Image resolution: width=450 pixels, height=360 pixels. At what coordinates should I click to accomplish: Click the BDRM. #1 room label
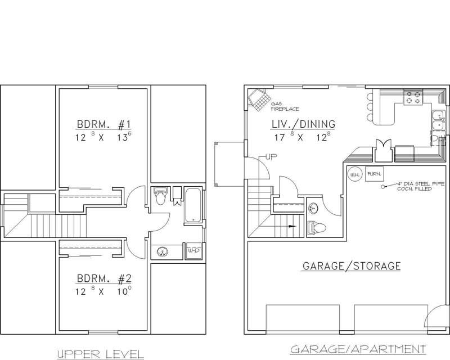pyautogui.click(x=104, y=124)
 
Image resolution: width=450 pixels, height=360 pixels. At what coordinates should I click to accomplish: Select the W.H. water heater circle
pyautogui.click(x=354, y=174)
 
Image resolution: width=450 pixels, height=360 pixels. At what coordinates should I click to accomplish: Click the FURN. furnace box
pyautogui.click(x=372, y=174)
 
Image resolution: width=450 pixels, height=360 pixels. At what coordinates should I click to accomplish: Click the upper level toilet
pyautogui.click(x=160, y=198)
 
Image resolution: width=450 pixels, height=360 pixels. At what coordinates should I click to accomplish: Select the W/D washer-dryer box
pyautogui.click(x=193, y=250)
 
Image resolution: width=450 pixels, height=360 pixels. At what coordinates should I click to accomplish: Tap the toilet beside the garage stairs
pyautogui.click(x=317, y=228)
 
